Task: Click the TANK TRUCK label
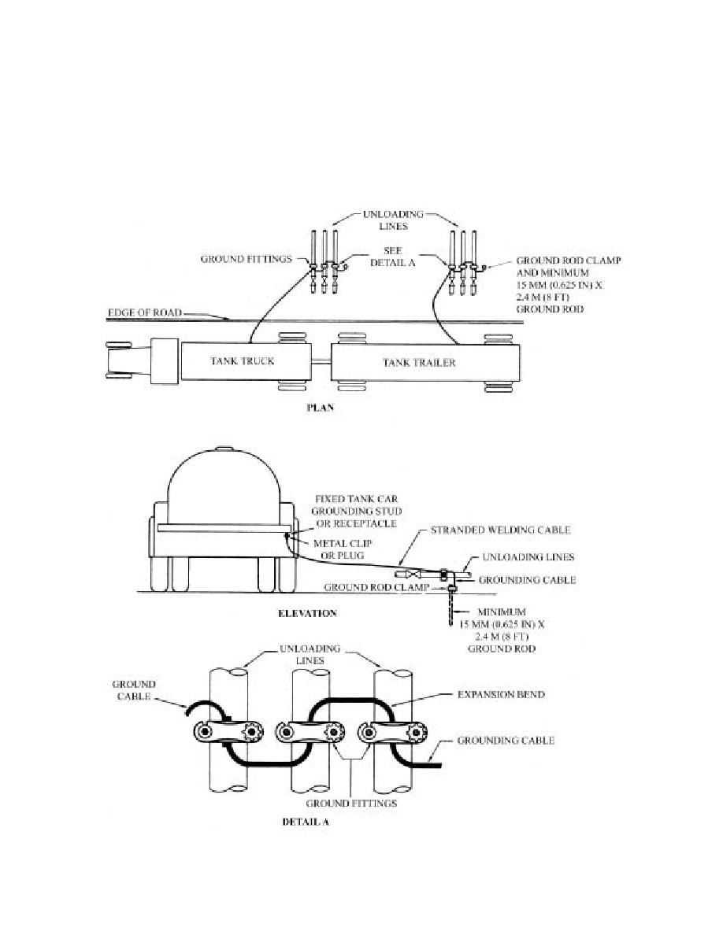243,360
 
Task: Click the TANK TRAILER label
419,362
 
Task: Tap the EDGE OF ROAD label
144,312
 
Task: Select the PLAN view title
320,408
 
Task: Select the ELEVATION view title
307,613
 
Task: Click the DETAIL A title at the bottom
306,822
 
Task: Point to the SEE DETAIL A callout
392,257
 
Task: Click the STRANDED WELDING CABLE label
500,530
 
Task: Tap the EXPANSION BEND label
501,694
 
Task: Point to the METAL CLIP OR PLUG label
343,549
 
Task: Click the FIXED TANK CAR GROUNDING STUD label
356,511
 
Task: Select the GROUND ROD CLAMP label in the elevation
376,587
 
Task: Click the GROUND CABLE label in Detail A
134,690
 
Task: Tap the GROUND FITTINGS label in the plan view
247,259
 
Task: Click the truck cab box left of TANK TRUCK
164,361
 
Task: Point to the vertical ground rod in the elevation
451,609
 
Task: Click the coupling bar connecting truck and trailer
321,362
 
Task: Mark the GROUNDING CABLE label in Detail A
506,740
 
